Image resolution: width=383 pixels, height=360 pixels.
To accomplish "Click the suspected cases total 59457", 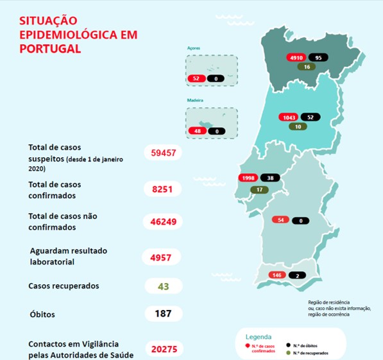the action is [x=164, y=153].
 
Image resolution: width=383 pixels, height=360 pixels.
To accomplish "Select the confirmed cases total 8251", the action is [x=164, y=189].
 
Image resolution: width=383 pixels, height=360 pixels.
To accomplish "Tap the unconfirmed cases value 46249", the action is [x=164, y=222].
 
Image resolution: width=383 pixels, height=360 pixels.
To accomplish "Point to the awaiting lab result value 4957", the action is [x=164, y=258].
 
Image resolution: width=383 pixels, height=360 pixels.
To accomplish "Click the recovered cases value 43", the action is [x=164, y=286].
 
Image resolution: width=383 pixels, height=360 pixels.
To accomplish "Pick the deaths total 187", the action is [x=164, y=314].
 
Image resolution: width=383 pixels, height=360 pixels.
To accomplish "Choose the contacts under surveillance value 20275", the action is [x=164, y=348].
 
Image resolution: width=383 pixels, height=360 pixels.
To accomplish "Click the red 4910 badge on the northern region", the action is [x=296, y=57].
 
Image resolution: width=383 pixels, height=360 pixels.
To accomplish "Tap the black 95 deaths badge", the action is [x=319, y=57].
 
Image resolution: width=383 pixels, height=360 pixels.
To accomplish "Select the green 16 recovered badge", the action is [x=307, y=67].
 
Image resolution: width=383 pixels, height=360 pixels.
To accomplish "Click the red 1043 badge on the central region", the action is [x=288, y=117].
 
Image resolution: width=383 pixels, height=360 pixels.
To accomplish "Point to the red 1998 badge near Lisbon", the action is [x=248, y=178].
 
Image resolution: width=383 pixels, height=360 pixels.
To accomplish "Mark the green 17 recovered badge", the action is [x=259, y=189].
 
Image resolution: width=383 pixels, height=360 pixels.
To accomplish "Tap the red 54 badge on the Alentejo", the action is [x=280, y=220].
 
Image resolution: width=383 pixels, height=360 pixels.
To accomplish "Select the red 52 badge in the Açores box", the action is [x=196, y=78].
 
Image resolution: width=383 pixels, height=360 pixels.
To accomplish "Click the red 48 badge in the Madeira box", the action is [x=196, y=131].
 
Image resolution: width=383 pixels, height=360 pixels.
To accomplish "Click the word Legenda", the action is [x=259, y=336].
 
